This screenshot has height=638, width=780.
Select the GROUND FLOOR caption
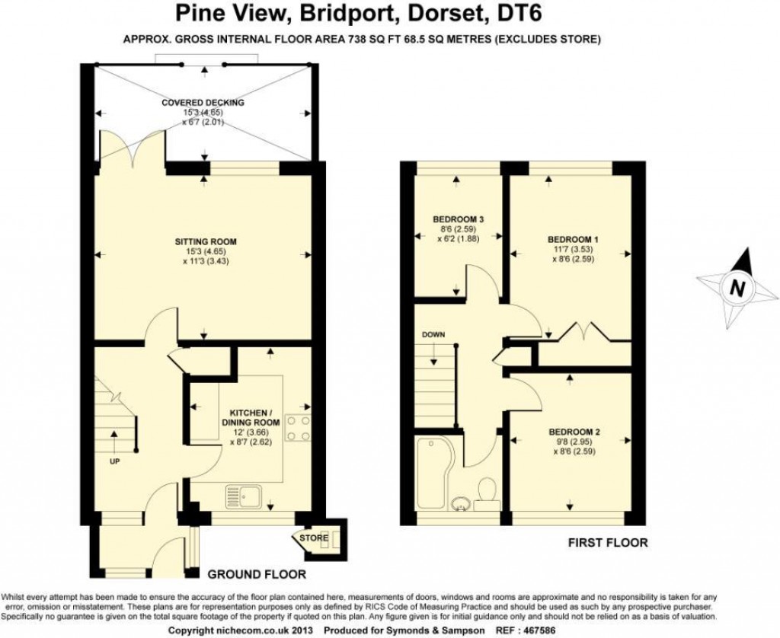[257, 575]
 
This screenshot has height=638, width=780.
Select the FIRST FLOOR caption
[608, 543]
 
